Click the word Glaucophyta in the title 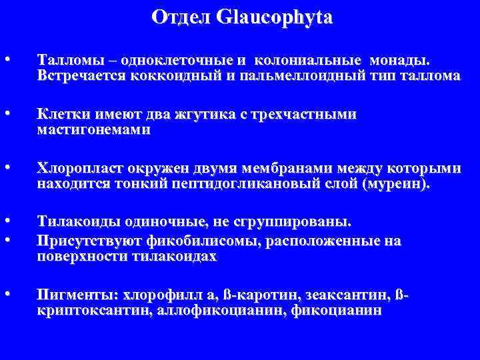[x=273, y=17]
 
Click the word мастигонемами [x=94, y=129]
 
